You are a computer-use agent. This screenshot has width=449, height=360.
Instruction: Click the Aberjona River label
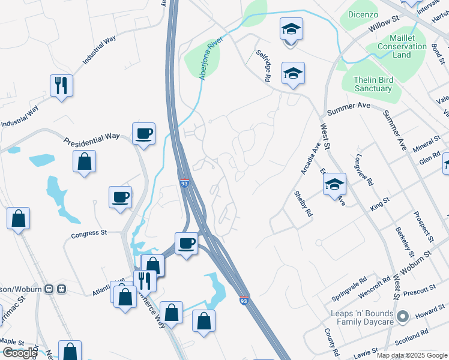coord(211,60)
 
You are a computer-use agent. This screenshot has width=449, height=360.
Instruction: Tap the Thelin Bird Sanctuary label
coord(373,84)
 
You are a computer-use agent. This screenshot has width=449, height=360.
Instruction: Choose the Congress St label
coord(88,233)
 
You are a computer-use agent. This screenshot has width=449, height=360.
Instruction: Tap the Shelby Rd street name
coord(303,204)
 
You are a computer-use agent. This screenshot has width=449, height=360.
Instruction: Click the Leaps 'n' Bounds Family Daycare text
coord(361,317)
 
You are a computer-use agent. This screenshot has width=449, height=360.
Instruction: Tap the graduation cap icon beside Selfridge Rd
coord(293,73)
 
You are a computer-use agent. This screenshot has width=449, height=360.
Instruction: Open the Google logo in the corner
coord(20,352)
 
